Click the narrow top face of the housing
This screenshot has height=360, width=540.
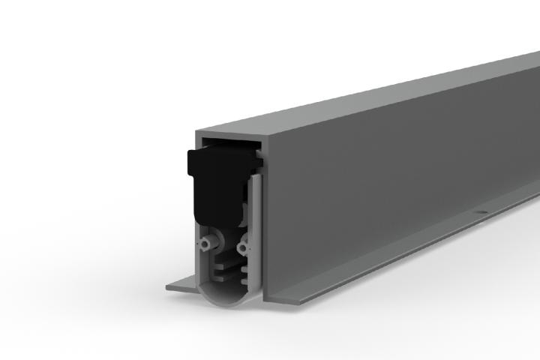click(375, 94)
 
